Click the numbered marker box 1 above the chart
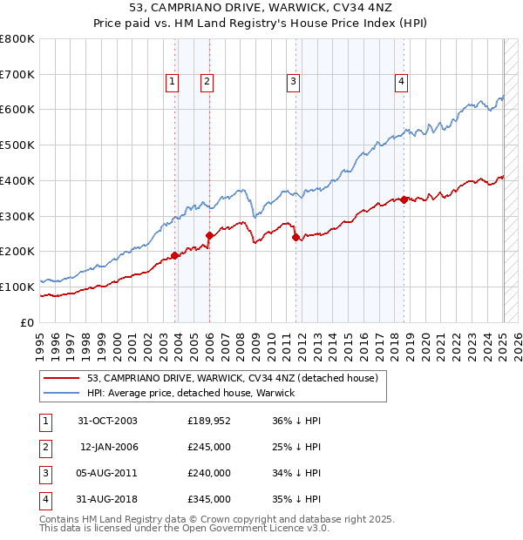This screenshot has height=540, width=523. coord(172,83)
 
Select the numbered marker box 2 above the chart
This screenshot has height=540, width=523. coord(207,83)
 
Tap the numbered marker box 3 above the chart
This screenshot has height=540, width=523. coord(293,83)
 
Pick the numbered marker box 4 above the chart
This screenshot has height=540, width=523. coord(402,83)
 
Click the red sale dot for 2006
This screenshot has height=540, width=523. coord(209,235)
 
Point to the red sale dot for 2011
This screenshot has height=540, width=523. coord(295,237)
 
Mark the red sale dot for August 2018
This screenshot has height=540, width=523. coord(404,199)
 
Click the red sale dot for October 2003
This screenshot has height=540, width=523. coord(174,255)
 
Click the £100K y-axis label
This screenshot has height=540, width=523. coord(17,287)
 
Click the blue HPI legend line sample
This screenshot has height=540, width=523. coord(63,394)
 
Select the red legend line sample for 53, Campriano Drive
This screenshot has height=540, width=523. coord(63,379)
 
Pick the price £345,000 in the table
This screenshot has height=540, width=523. coord(209,499)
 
